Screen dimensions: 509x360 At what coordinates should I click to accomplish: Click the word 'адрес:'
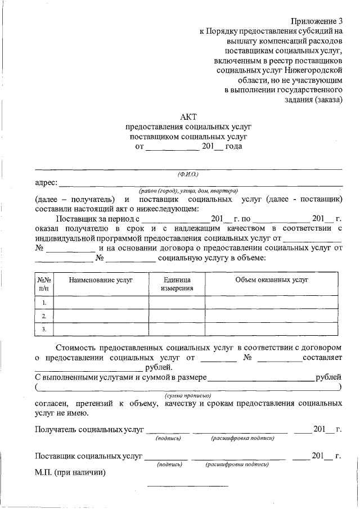[x=46, y=183]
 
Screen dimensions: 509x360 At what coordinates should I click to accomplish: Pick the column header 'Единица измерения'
[x=177, y=283]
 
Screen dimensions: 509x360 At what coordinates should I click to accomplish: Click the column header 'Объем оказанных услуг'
[x=272, y=280]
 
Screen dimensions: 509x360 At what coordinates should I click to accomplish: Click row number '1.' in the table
[x=44, y=303]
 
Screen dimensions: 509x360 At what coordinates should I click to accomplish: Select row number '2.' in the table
[x=44, y=316]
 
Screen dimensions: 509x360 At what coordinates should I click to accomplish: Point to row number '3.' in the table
[x=44, y=329]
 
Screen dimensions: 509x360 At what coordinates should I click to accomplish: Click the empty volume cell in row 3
[x=272, y=329]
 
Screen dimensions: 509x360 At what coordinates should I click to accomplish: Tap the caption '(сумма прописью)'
[x=188, y=396]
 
